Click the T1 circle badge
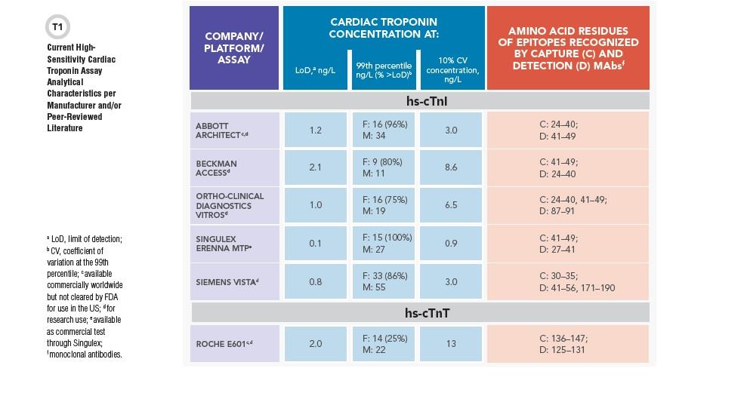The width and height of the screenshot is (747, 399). (57, 27)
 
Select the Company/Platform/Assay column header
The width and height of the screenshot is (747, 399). (234, 48)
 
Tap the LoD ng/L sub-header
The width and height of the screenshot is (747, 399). (316, 70)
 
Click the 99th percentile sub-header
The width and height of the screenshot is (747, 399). (384, 70)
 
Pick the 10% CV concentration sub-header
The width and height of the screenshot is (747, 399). (452, 70)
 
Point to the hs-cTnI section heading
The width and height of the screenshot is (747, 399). (427, 101)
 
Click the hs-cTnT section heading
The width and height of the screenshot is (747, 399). (428, 313)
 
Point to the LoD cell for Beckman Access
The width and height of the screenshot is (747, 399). (316, 167)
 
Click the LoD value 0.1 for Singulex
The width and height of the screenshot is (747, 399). (316, 244)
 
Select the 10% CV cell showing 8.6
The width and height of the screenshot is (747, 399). (451, 167)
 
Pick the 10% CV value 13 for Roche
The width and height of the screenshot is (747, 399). (451, 343)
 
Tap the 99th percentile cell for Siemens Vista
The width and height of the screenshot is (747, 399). (384, 281)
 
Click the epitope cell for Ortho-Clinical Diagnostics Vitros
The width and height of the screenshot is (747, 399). (568, 205)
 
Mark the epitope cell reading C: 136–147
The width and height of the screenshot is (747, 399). (568, 344)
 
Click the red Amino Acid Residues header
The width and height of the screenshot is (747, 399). (568, 48)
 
